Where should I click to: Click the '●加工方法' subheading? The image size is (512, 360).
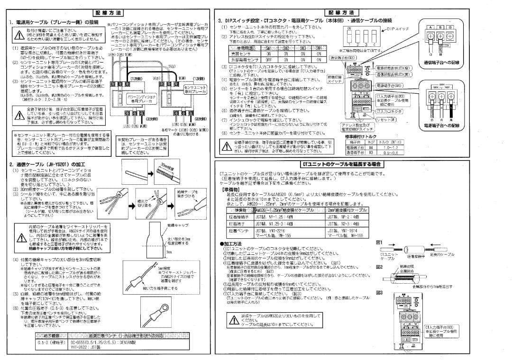tap(231, 243)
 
